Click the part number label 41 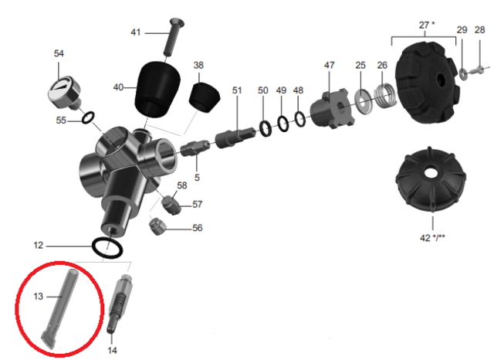point(136,32)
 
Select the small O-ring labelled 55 point(87,117)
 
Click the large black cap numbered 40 point(157,89)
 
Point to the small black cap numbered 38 point(204,97)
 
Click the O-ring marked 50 point(266,128)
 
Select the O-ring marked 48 point(300,119)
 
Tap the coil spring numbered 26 point(384,96)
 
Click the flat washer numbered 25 point(364,101)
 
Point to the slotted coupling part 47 point(331,109)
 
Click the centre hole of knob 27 point(441,80)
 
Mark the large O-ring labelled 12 point(107,247)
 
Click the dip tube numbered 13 point(60,308)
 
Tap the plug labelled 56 point(157,226)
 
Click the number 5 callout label point(197,178)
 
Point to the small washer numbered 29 point(463,74)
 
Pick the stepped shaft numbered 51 point(235,138)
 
